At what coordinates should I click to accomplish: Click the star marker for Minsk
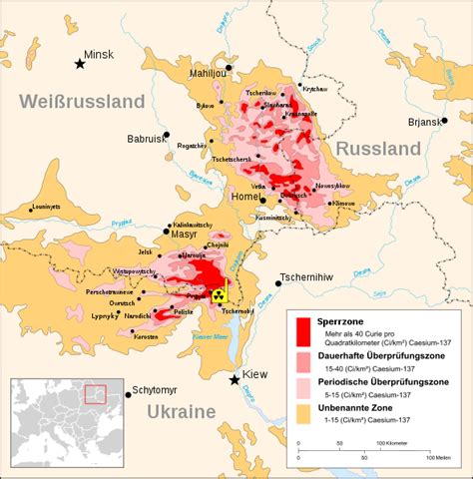(79, 64)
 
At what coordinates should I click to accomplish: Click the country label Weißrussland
(79, 102)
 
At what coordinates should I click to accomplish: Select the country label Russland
(378, 149)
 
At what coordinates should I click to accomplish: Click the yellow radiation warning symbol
(218, 294)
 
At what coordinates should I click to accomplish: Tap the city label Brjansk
(435, 121)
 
